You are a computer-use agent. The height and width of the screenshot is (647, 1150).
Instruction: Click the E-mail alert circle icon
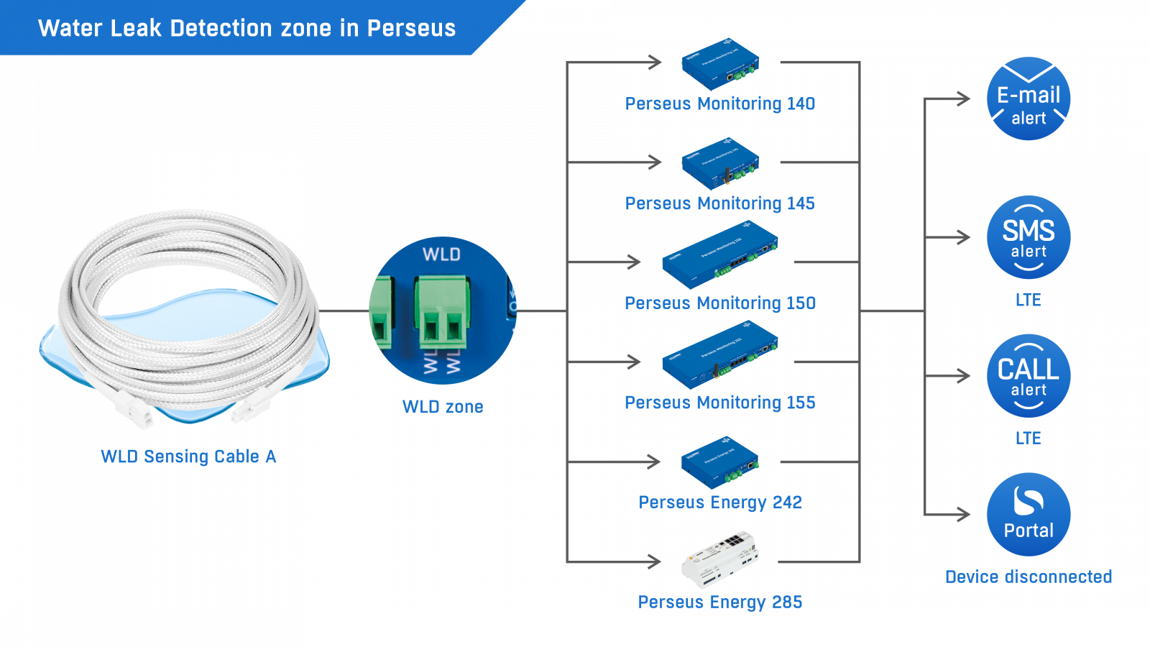[x=1028, y=98]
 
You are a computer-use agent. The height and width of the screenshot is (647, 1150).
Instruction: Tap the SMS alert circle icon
[x=1028, y=237]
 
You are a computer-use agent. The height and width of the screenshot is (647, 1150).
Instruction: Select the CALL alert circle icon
[x=1028, y=375]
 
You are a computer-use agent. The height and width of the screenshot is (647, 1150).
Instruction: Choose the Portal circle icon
[x=1028, y=514]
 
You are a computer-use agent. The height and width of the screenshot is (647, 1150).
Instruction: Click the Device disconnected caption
[x=1028, y=577]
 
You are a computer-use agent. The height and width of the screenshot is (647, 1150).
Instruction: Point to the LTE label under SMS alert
[x=1028, y=300]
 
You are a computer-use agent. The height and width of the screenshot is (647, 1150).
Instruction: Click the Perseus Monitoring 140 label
[x=719, y=104]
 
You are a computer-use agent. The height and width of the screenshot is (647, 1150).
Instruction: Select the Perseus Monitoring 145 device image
[x=720, y=164]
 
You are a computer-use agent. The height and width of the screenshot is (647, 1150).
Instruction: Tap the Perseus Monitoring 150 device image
[x=720, y=254]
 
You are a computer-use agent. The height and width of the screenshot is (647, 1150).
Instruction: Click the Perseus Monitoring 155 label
[x=719, y=403]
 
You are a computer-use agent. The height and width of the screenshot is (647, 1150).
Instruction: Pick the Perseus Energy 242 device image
[x=720, y=462]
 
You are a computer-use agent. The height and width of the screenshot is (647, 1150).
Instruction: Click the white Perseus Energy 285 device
[x=720, y=560]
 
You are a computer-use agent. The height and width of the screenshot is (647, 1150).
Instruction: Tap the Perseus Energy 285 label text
[x=719, y=602]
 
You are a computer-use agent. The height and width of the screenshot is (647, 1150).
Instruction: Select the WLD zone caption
[x=442, y=407]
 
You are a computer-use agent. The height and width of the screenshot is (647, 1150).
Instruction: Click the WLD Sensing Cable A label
[x=188, y=456]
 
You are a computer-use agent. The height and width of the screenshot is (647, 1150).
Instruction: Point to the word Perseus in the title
[x=411, y=28]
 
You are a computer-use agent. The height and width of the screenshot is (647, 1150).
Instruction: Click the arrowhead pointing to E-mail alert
[x=963, y=98]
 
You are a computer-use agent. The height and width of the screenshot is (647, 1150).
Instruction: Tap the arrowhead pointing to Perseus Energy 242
[x=654, y=462]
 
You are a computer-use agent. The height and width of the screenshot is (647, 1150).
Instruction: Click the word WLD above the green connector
[x=441, y=254]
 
